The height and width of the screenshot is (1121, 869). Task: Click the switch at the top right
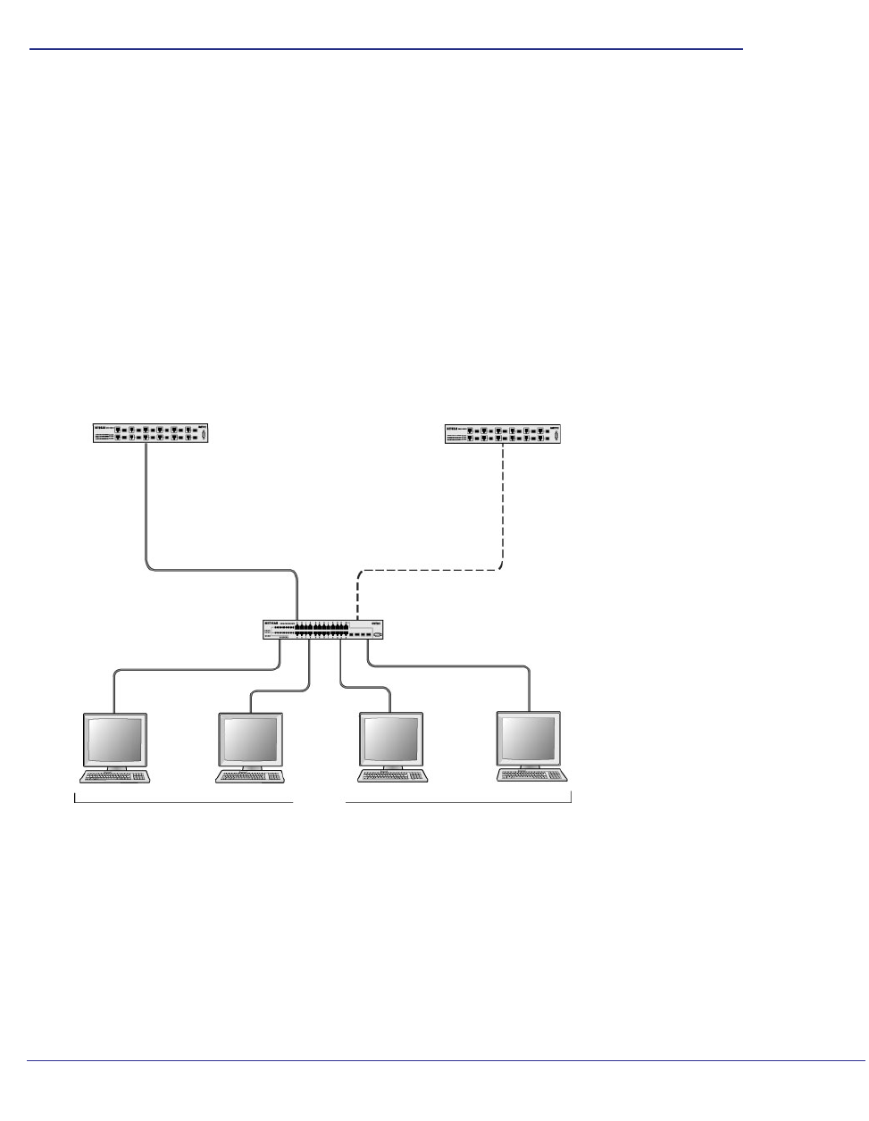(x=505, y=434)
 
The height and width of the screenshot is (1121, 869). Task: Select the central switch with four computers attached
(x=324, y=630)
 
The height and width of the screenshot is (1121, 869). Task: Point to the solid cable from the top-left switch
(x=146, y=509)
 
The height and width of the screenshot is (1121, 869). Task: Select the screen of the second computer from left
(x=250, y=739)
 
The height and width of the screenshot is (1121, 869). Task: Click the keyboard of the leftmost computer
(x=116, y=776)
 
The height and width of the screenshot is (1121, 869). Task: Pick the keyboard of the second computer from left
(x=254, y=776)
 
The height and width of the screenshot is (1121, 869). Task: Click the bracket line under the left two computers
(x=183, y=803)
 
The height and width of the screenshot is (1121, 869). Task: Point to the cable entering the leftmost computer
(x=114, y=692)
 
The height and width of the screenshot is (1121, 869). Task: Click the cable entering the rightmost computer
(x=530, y=688)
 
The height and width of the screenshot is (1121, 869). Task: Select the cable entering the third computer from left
(x=389, y=699)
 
